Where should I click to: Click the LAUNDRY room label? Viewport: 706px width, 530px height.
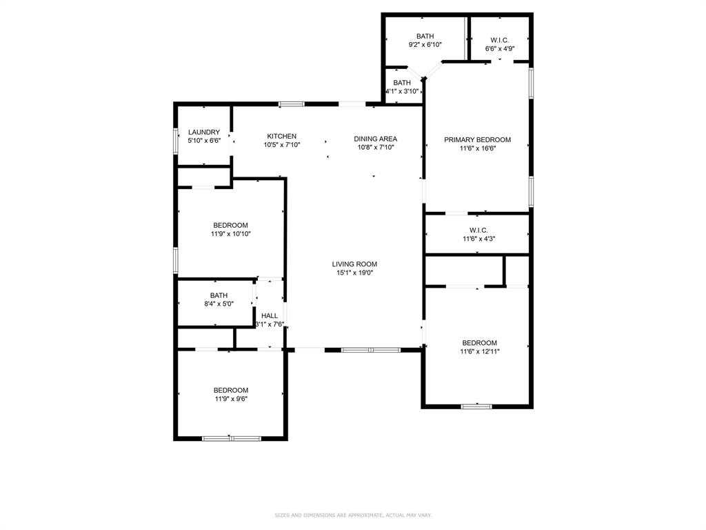[204, 132]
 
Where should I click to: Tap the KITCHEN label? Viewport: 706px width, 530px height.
[282, 136]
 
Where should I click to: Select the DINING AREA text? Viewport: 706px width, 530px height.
[376, 138]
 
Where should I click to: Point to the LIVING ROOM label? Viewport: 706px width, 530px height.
[354, 264]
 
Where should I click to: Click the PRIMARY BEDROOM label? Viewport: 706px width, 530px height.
[477, 139]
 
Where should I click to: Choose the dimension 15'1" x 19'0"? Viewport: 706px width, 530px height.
[354, 273]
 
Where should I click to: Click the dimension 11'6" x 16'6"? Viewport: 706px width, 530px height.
[477, 148]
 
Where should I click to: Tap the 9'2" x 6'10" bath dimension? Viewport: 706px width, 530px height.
[425, 45]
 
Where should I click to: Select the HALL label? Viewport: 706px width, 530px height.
[270, 315]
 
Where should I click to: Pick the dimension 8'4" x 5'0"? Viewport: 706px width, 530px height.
[219, 304]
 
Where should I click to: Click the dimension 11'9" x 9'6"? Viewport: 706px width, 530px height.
[230, 398]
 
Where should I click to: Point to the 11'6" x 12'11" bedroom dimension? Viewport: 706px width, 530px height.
[479, 351]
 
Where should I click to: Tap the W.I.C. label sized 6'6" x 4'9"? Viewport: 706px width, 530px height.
[500, 40]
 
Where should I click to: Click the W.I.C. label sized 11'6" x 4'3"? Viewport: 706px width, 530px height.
[478, 230]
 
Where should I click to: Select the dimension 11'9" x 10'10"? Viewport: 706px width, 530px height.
[230, 234]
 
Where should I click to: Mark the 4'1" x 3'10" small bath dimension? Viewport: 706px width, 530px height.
[402, 91]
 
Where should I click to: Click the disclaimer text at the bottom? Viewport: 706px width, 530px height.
[353, 515]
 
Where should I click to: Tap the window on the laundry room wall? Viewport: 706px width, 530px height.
[175, 135]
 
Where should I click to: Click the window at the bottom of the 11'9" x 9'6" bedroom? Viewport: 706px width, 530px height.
[232, 438]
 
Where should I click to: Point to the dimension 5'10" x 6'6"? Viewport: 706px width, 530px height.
[204, 141]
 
